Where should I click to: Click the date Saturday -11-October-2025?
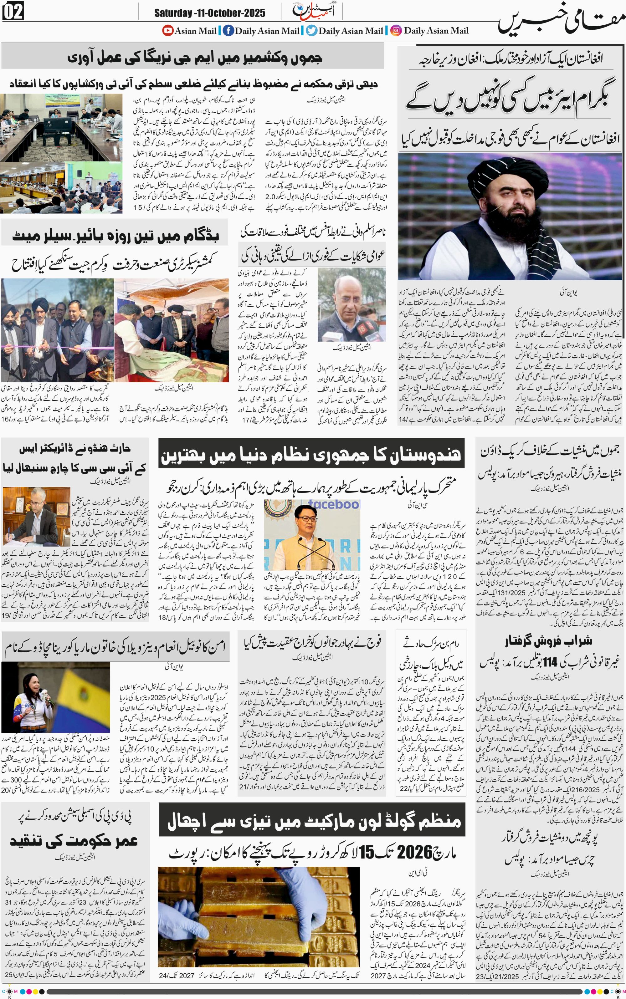[209, 13]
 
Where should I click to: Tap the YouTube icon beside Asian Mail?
[168, 30]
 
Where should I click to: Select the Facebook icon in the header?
[228, 30]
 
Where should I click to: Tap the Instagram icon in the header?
[396, 30]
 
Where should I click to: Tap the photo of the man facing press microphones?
[351, 305]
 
